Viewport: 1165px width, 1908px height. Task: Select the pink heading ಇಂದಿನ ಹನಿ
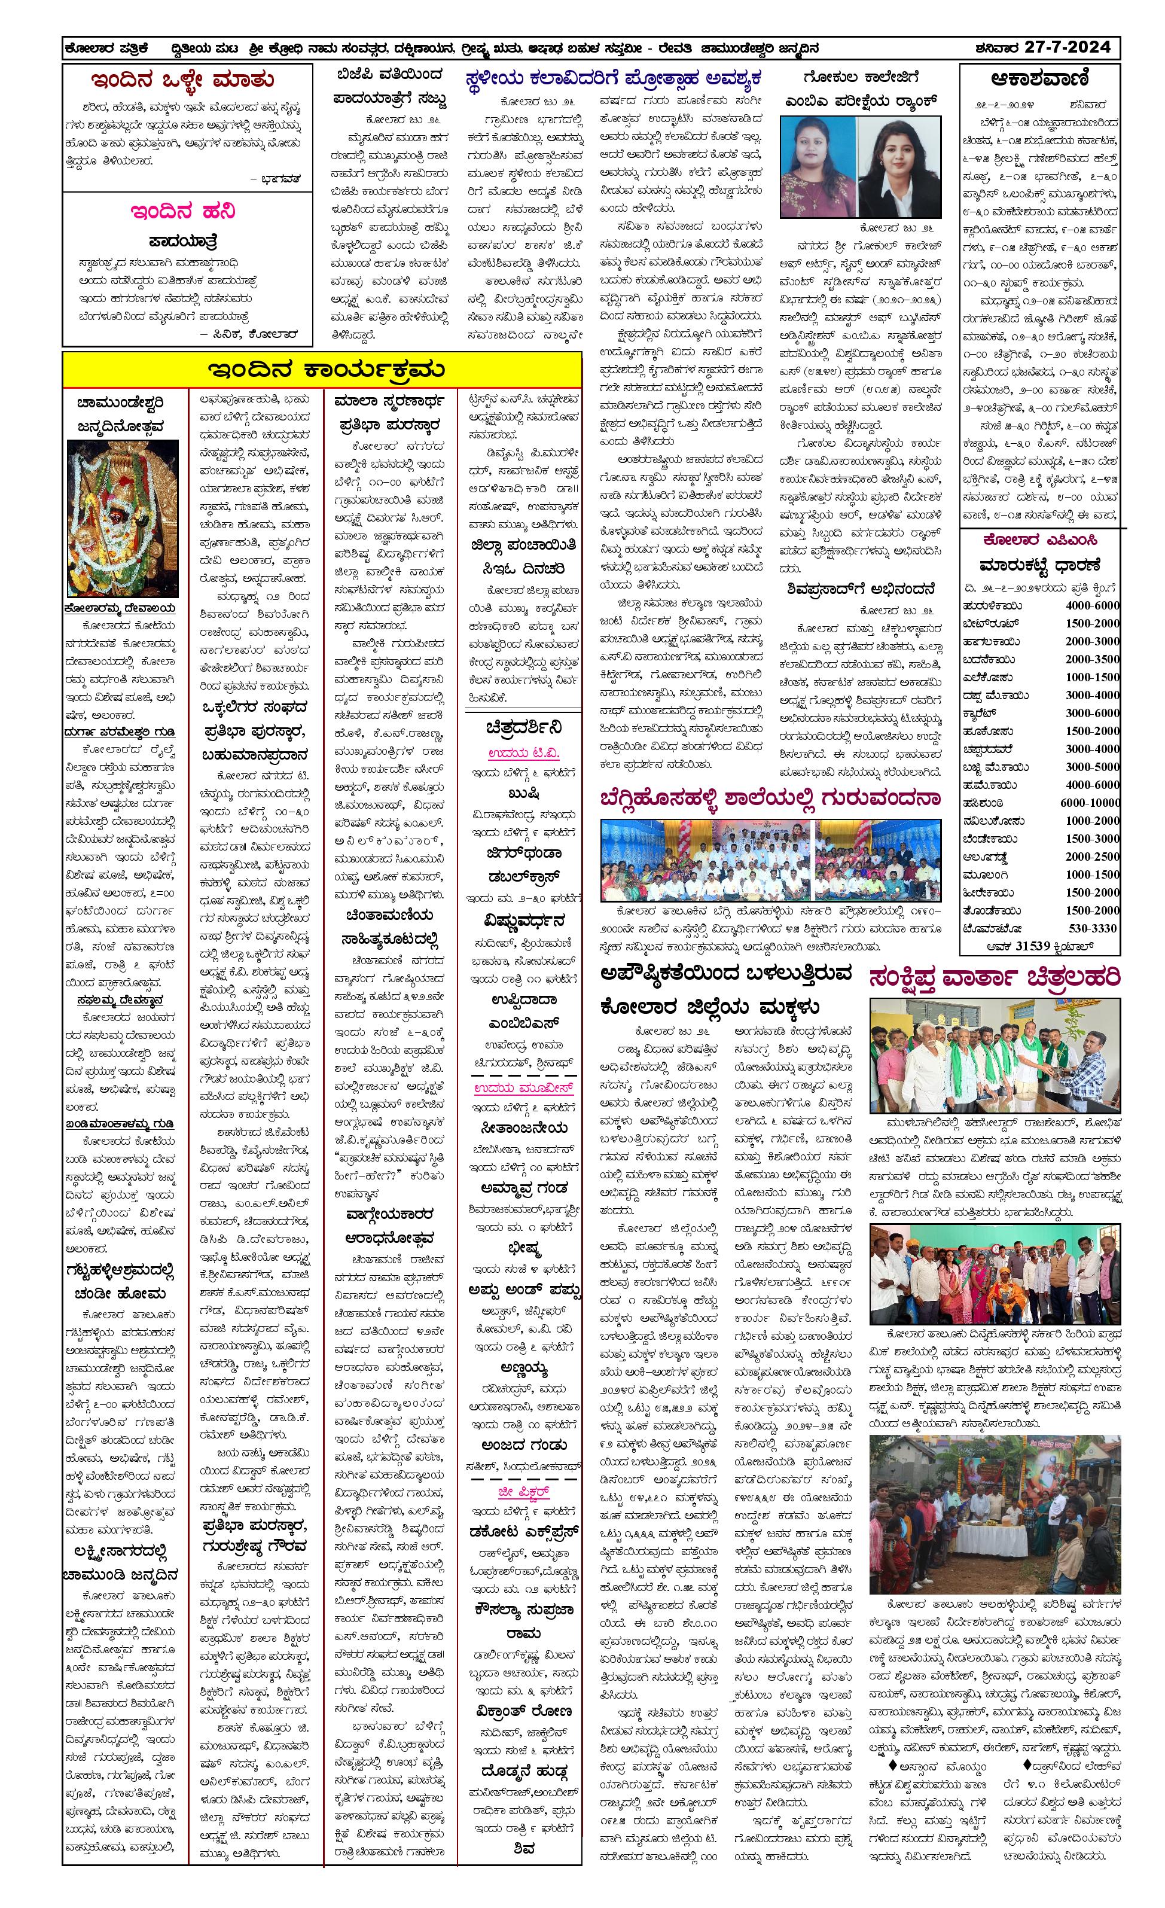(182, 211)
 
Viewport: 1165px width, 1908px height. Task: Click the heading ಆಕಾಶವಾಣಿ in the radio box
(1039, 79)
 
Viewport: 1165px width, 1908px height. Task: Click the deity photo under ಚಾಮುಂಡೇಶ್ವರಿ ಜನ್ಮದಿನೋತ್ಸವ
(123, 518)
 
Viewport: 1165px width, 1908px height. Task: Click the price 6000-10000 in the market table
(1089, 803)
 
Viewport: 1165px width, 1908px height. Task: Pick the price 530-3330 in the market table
(1092, 928)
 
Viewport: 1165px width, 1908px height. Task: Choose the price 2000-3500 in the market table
(1091, 659)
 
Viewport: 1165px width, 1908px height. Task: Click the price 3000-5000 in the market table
(1091, 767)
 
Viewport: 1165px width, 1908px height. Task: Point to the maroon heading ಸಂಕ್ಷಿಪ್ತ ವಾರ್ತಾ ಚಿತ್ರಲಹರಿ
(995, 978)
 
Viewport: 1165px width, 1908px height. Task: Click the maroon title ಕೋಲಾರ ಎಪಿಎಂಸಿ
(1039, 540)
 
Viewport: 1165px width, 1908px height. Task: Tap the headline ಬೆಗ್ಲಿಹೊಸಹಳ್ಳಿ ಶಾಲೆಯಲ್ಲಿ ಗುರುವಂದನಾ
(770, 799)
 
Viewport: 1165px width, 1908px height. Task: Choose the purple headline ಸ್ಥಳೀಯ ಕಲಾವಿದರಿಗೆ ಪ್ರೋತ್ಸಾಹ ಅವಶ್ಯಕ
(614, 79)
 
